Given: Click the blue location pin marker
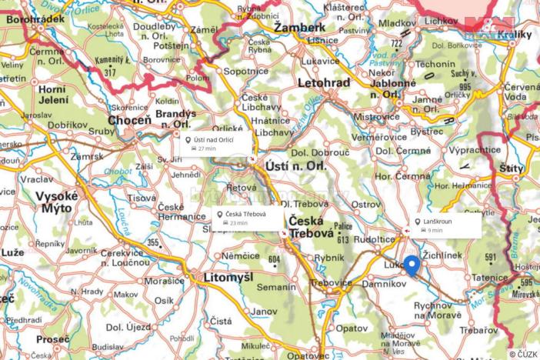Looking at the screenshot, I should coord(412,265).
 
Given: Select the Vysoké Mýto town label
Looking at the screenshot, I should coord(56,202).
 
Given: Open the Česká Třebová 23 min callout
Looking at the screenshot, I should coord(248,218).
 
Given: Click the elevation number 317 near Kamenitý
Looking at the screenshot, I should coord(110,72).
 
